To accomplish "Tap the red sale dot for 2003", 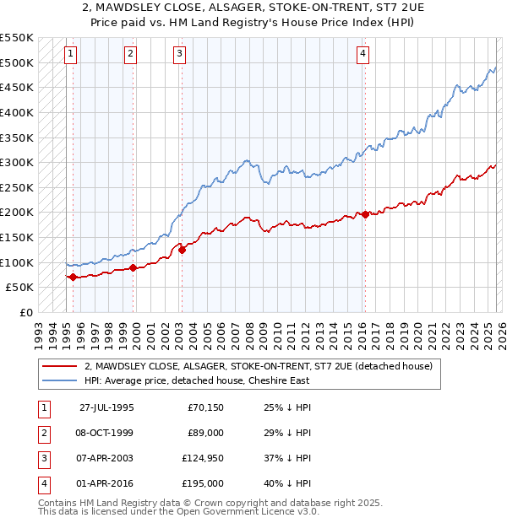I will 182,250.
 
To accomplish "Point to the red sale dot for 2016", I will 365,214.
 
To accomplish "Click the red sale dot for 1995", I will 73,277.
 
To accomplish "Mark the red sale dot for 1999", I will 133,267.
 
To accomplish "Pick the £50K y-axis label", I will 19,288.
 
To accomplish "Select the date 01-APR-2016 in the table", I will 105,483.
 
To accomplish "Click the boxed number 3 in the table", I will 42,460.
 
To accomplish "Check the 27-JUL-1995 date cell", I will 105,407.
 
